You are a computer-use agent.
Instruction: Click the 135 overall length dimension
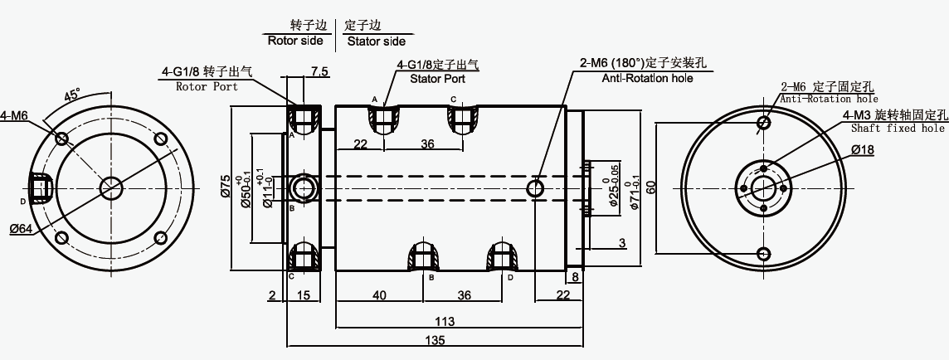point(436,340)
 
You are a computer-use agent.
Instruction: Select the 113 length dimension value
point(445,321)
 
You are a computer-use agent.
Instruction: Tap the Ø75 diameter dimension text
point(225,186)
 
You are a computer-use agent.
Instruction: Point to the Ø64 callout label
point(21,228)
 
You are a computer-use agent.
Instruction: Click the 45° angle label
point(73,96)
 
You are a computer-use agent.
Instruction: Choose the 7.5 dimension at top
point(319,72)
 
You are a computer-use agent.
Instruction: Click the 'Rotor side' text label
point(295,41)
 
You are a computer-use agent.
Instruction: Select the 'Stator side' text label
point(377,41)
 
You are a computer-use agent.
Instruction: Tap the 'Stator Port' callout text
point(437,79)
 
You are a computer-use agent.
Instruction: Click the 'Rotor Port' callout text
point(207,86)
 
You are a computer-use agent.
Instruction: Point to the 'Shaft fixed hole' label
point(898,129)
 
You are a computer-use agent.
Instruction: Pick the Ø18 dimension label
point(863,149)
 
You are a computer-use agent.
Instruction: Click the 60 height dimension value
point(650,187)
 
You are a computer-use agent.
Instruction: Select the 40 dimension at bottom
point(379,295)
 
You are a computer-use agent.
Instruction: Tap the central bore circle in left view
point(111,187)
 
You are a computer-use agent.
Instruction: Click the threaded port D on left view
point(41,187)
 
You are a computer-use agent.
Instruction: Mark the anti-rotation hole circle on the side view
point(535,189)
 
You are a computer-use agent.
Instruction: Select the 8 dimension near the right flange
point(575,277)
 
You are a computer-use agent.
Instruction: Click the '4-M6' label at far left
point(13,115)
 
